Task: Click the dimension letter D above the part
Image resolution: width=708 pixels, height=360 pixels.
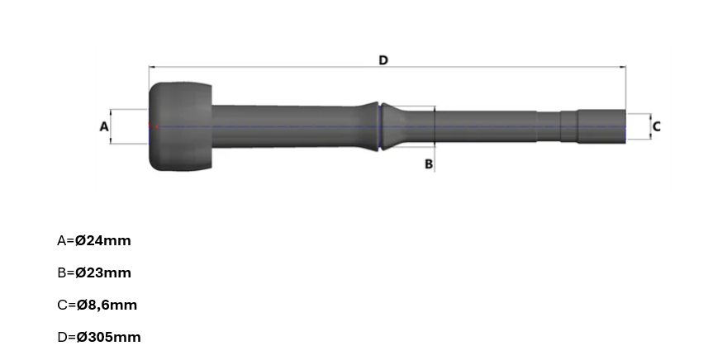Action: (383, 59)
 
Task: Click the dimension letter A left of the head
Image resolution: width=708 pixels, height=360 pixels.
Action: (104, 126)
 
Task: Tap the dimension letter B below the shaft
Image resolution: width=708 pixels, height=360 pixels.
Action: (429, 163)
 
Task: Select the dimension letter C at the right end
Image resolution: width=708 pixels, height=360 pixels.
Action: (656, 126)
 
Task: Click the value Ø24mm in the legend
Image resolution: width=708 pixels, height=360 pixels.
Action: (102, 241)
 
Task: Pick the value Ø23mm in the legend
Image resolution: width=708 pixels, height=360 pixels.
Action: (102, 272)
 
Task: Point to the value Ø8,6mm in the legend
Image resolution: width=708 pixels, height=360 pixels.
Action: (106, 305)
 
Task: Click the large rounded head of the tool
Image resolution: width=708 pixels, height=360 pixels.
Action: (180, 126)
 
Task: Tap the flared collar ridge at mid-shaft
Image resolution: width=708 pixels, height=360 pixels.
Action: (380, 126)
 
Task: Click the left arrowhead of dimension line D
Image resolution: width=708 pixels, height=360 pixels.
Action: (152, 67)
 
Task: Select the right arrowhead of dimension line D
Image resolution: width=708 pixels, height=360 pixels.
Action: (622, 67)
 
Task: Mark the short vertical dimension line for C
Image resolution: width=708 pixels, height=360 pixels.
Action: (650, 126)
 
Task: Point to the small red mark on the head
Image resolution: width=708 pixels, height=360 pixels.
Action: (151, 126)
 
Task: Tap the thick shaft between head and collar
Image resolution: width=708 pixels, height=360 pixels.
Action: (289, 126)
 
